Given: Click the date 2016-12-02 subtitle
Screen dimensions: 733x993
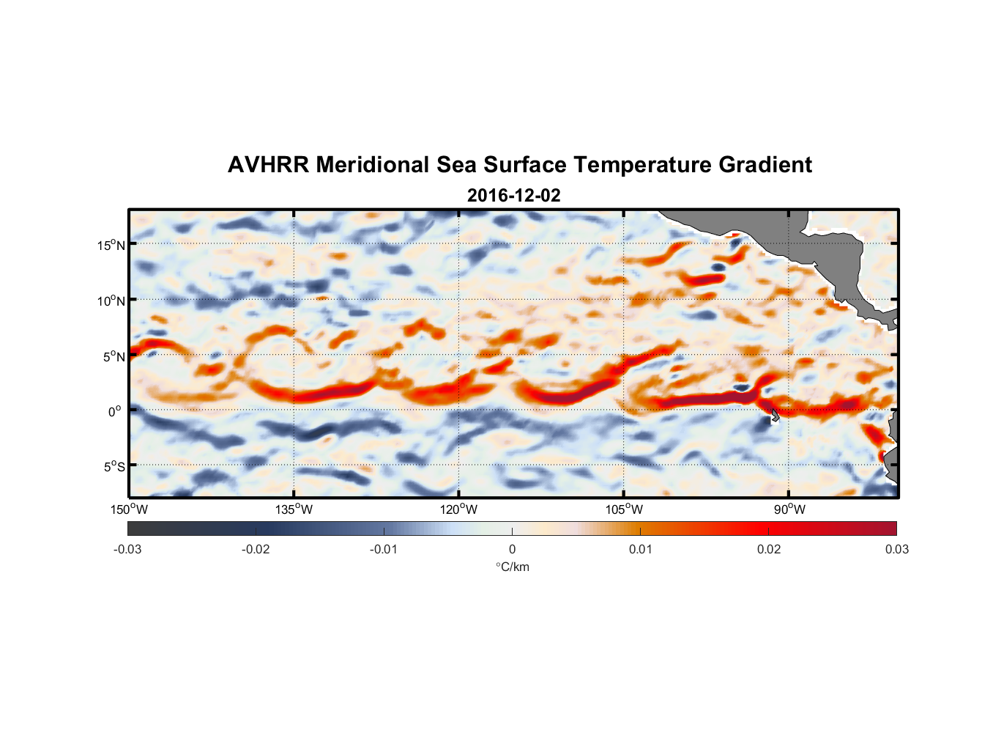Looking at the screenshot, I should (x=514, y=196).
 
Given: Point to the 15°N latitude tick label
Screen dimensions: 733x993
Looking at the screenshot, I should (x=111, y=245).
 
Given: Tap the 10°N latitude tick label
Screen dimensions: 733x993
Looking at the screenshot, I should (x=111, y=301).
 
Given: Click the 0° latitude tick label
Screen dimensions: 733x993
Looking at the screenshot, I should (x=115, y=411).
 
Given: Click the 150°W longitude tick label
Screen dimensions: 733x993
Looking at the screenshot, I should (x=129, y=509).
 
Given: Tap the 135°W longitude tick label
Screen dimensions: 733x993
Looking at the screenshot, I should (x=294, y=509).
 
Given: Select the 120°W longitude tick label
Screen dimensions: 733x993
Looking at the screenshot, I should (x=458, y=509).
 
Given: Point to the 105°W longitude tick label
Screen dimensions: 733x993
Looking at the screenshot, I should (x=624, y=509).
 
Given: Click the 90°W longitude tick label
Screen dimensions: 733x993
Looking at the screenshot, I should (x=789, y=509).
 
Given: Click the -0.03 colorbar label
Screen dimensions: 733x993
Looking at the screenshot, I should (x=127, y=549).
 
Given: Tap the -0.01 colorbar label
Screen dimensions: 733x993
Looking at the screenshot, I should (x=384, y=549).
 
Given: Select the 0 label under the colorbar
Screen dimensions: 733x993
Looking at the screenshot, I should (x=512, y=549).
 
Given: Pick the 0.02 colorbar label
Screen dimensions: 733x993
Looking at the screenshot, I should (x=769, y=549).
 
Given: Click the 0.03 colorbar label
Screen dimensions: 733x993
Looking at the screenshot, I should (x=896, y=549).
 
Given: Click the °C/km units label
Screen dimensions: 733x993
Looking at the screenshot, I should (x=512, y=567).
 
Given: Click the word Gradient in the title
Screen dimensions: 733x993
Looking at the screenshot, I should (x=765, y=165).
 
